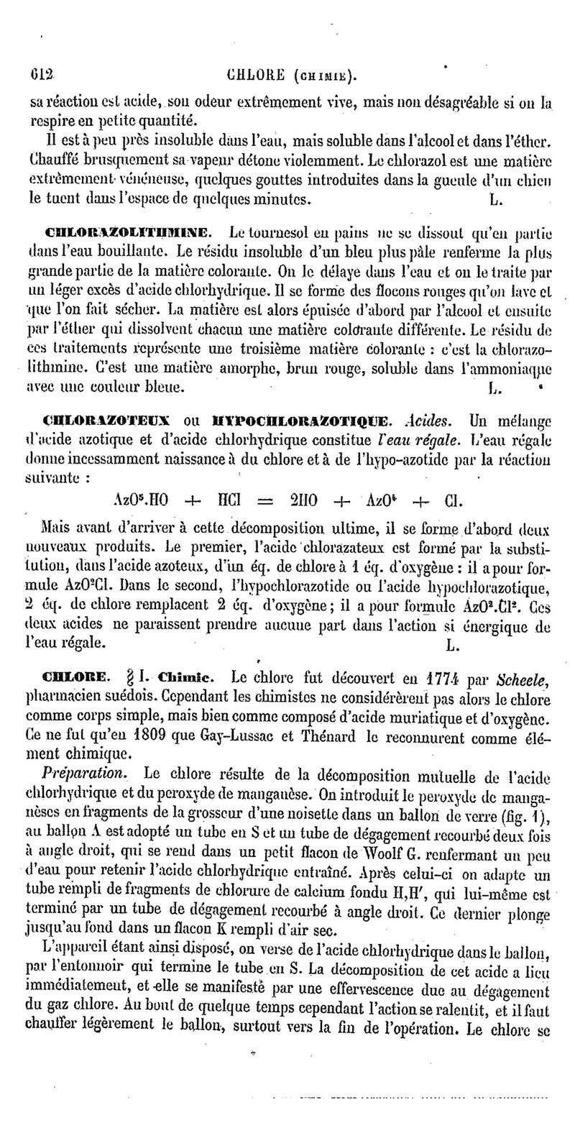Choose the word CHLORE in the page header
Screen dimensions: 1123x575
(256, 74)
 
